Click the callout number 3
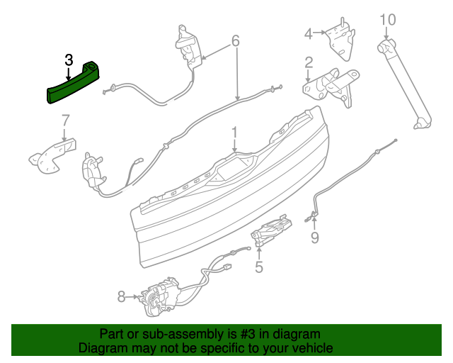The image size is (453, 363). (x=69, y=60)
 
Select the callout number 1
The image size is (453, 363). (x=234, y=133)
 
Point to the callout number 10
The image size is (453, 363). (x=389, y=19)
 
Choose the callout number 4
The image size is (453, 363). (x=309, y=33)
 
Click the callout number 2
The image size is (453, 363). (x=309, y=64)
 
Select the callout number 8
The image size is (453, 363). (x=121, y=297)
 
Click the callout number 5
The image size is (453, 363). (x=259, y=267)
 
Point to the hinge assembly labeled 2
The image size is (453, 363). (x=331, y=84)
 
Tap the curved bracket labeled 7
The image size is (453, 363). (x=52, y=155)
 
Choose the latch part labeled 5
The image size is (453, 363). (x=272, y=230)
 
